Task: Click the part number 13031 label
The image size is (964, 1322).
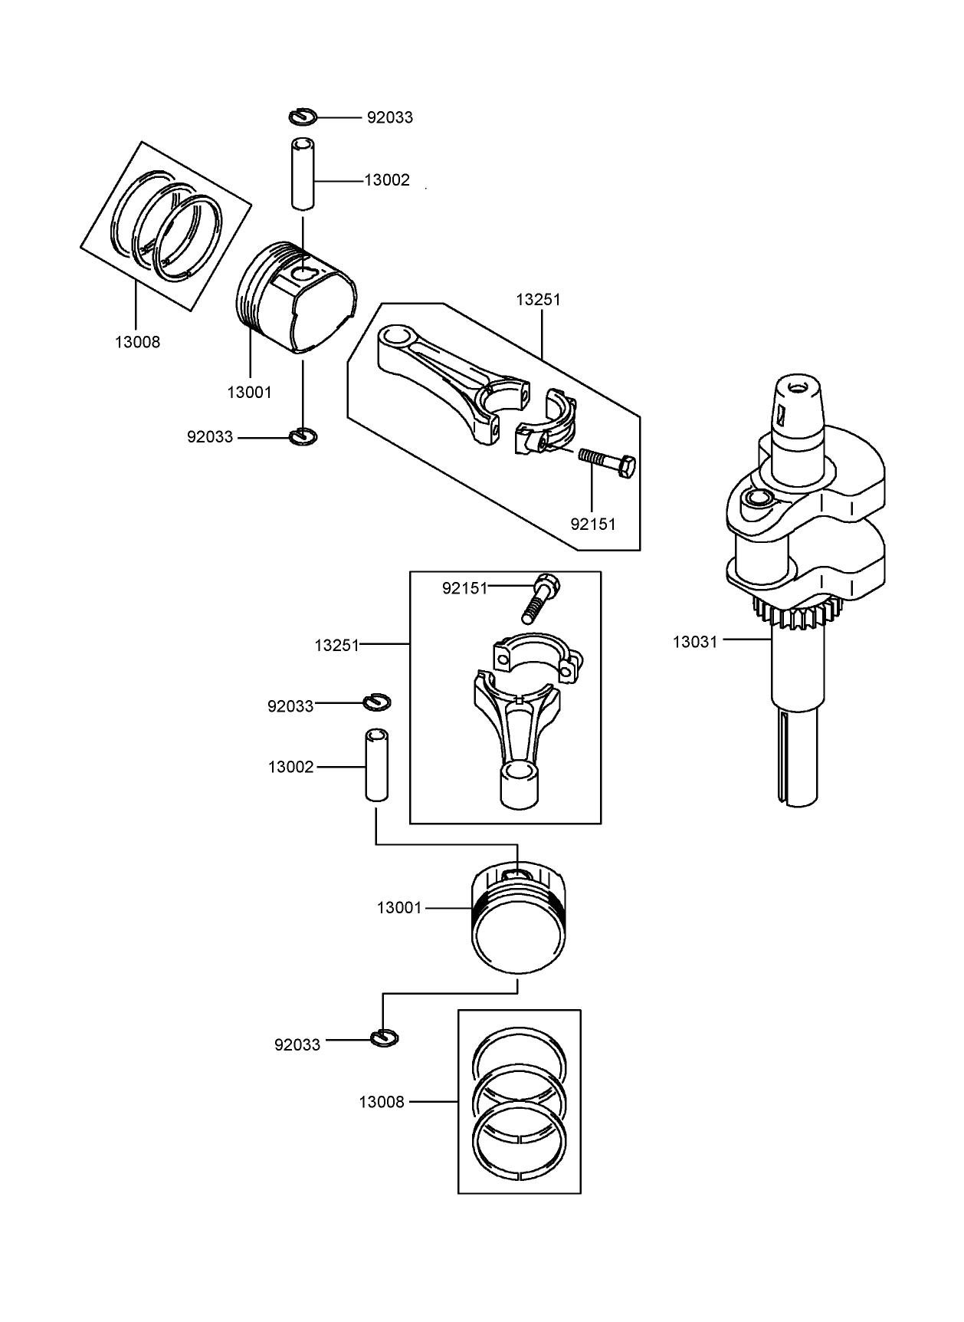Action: click(695, 642)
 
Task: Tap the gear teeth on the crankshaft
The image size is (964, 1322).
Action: click(797, 613)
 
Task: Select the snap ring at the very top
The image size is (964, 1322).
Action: click(303, 117)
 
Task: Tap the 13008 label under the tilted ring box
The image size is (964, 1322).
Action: click(137, 343)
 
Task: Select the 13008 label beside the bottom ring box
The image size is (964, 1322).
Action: click(381, 1103)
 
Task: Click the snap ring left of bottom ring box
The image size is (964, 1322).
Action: click(384, 1038)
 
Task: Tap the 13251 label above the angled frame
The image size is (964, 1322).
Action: click(538, 300)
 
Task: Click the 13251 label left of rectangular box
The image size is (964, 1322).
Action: click(336, 646)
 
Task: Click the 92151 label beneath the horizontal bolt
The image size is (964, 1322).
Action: click(593, 525)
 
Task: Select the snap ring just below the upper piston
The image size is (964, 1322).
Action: click(304, 436)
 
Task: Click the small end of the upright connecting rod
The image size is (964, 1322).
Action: click(520, 785)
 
